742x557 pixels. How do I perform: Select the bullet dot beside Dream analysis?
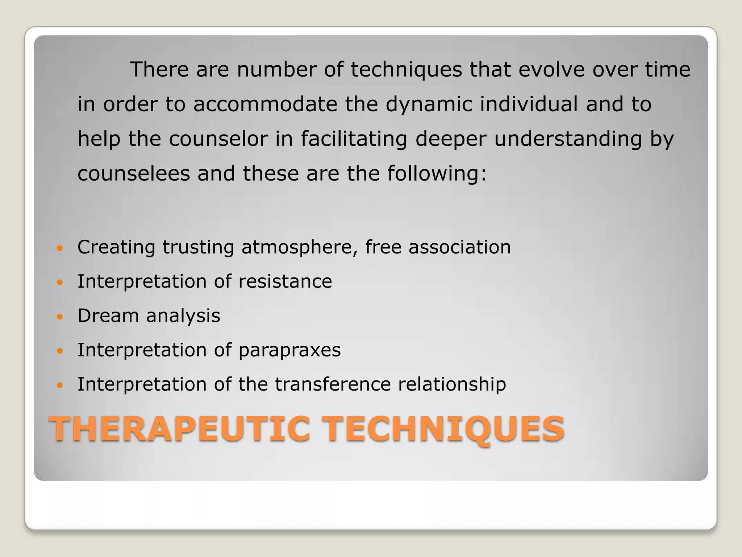tap(60, 317)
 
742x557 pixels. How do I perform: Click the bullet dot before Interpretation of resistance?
tap(60, 282)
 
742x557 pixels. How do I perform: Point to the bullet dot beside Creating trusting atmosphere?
tap(60, 248)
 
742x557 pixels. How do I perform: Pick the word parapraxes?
tap(289, 350)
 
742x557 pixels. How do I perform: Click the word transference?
tap(333, 384)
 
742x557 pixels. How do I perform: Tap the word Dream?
tap(108, 315)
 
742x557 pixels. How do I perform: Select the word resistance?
tap(285, 281)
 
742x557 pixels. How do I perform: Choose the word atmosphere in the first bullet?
tap(300, 247)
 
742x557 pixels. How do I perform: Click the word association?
tap(460, 247)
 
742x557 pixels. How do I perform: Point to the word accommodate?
tap(265, 104)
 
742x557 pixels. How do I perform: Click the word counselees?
tap(134, 173)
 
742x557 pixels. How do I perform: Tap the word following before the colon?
tap(433, 173)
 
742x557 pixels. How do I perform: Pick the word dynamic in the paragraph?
tap(429, 104)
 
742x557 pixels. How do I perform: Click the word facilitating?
tap(354, 139)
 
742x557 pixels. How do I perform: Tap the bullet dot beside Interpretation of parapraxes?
tap(60, 351)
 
